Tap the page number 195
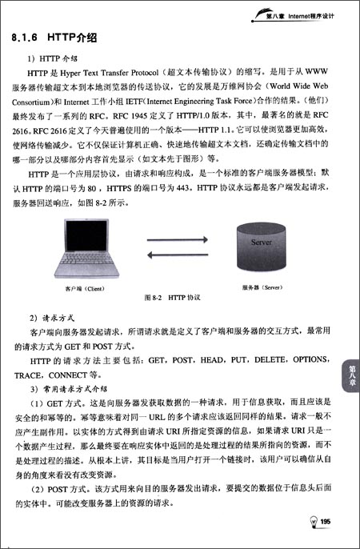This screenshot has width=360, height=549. coord(326,522)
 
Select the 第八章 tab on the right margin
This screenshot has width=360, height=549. coord(350,375)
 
